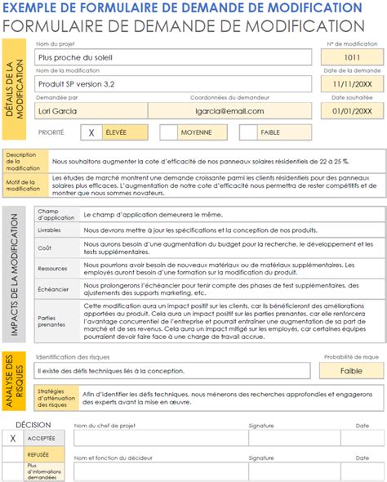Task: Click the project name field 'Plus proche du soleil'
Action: point(172,58)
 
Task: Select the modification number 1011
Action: point(351,58)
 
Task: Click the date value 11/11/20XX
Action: point(351,84)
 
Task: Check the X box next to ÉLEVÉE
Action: point(91,132)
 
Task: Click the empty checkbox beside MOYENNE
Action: point(168,132)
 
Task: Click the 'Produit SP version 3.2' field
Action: point(172,84)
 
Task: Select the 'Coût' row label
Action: point(47,248)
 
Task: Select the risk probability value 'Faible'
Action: point(351,371)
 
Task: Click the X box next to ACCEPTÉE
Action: point(12,438)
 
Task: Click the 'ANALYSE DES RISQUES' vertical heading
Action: point(14,382)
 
